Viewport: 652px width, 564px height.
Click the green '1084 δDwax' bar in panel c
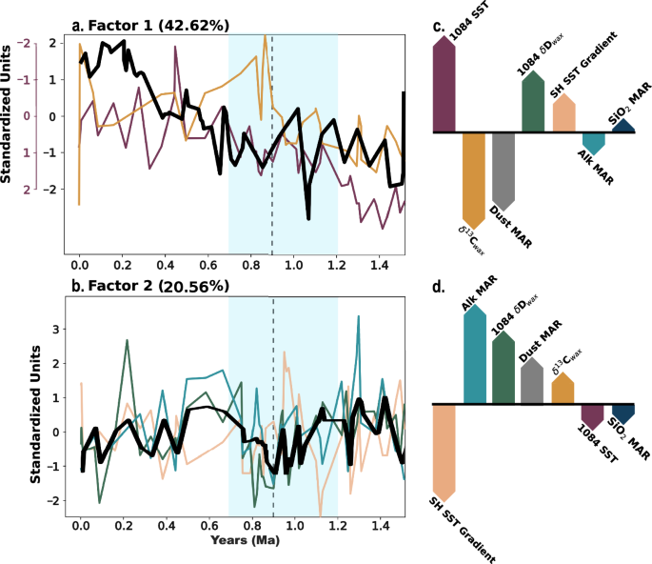pyautogui.click(x=533, y=102)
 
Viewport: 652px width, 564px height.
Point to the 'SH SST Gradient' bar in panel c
pyautogui.click(x=563, y=113)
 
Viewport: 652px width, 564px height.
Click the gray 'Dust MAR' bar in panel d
pyautogui.click(x=533, y=381)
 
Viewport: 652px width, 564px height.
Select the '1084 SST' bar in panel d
pyautogui.click(x=592, y=416)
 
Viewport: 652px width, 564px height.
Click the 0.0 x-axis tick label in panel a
pyautogui.click(x=81, y=262)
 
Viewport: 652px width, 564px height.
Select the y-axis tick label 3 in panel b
pyautogui.click(x=55, y=330)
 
